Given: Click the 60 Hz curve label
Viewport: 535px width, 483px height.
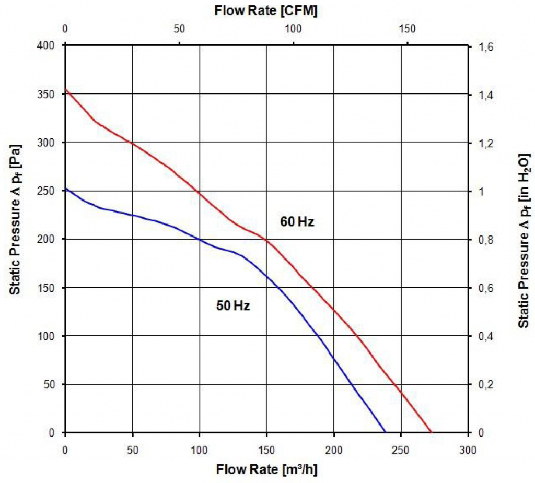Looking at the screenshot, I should pyautogui.click(x=297, y=221).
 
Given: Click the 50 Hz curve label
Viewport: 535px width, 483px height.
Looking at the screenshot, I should pyautogui.click(x=233, y=306).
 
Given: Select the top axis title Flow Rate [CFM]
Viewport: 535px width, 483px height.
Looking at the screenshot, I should pyautogui.click(x=266, y=10).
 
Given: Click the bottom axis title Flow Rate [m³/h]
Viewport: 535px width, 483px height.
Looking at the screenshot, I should pyautogui.click(x=266, y=469).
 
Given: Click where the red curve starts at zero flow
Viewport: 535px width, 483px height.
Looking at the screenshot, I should pyautogui.click(x=65, y=90).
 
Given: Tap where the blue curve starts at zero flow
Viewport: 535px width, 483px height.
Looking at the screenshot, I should pyautogui.click(x=65, y=189).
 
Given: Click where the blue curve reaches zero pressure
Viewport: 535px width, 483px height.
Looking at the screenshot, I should pyautogui.click(x=386, y=432).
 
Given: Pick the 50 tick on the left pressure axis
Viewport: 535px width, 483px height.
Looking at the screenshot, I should pyautogui.click(x=51, y=384).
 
